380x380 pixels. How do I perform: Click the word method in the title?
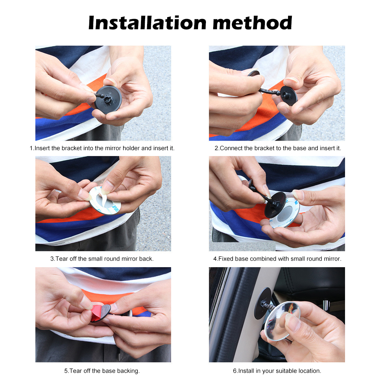click(x=252, y=23)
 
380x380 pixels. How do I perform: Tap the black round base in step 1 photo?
click(x=108, y=99)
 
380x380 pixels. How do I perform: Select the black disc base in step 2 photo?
click(x=289, y=95)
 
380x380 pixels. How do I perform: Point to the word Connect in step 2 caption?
click(x=230, y=148)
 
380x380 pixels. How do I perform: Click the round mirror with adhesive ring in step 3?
click(x=105, y=201)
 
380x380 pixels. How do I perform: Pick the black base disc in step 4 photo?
click(x=275, y=205)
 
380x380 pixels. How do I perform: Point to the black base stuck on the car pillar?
click(x=262, y=303)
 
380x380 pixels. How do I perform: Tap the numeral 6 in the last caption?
click(x=234, y=371)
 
